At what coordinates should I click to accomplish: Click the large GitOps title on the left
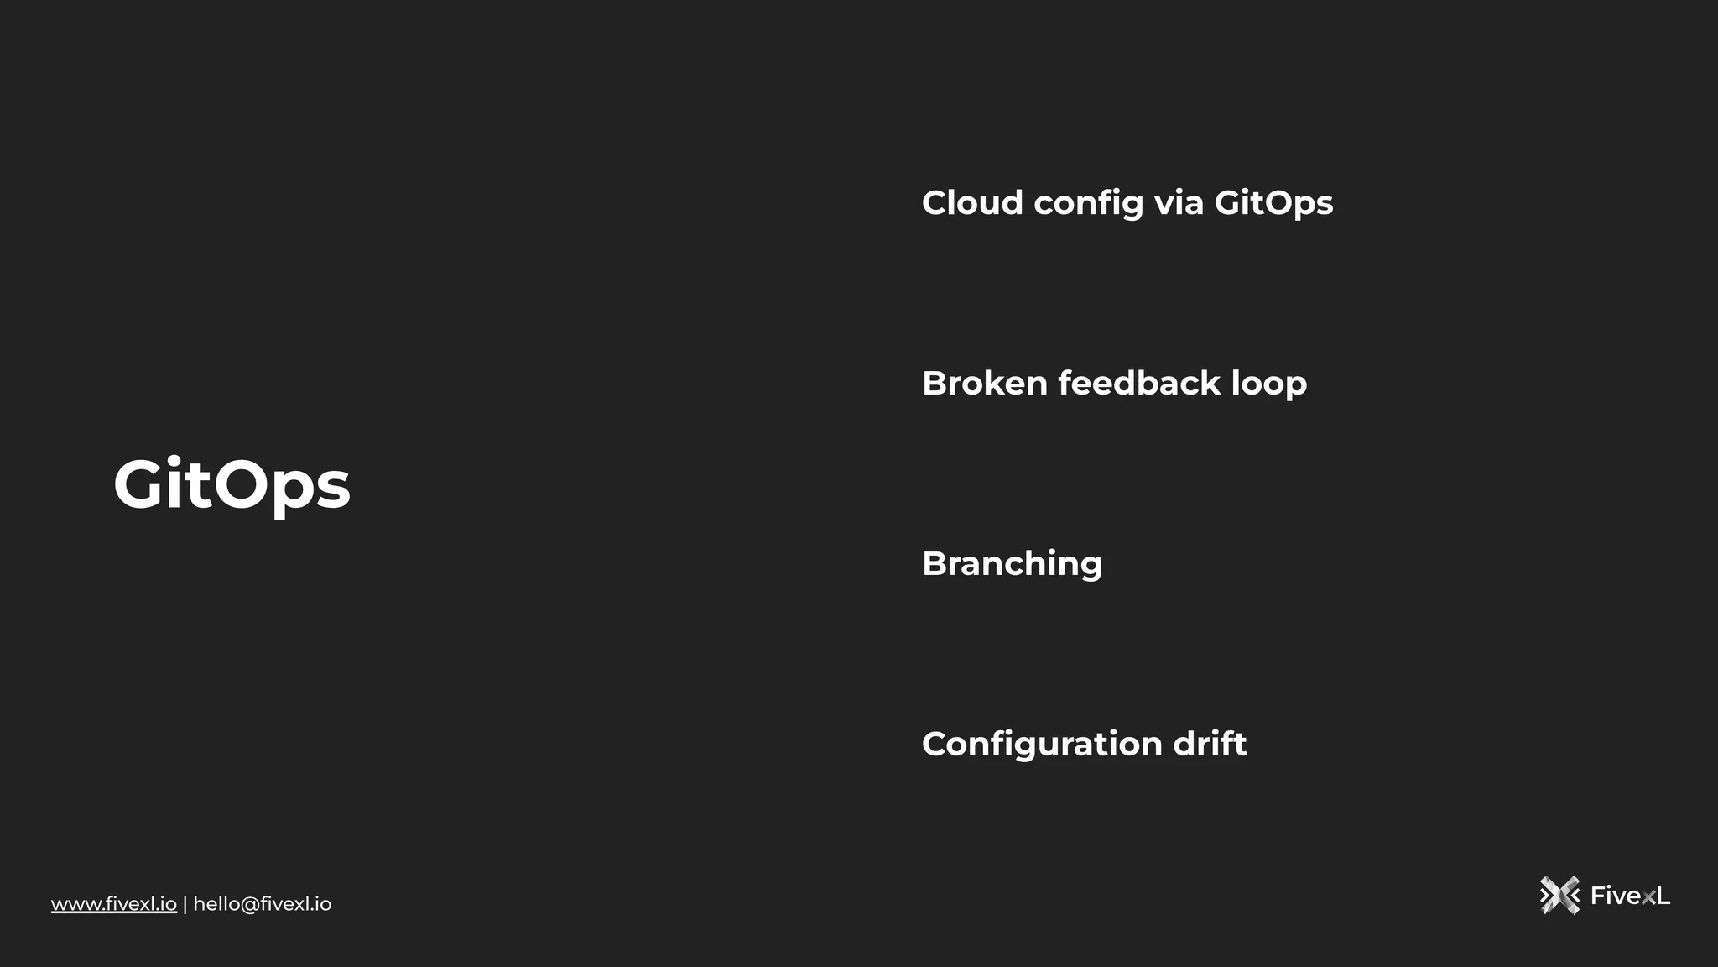tap(232, 484)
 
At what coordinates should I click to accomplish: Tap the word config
tap(1088, 204)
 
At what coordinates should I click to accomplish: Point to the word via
tap(1179, 202)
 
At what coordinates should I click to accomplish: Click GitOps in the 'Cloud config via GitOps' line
tap(1273, 204)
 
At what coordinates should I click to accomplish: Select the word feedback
tap(1138, 383)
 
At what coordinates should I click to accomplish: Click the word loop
tap(1268, 384)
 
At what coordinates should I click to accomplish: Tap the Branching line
tap(1012, 564)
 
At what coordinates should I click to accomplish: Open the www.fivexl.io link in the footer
tap(114, 904)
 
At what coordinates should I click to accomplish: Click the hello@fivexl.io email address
tap(263, 904)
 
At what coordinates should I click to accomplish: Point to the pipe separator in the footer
tap(185, 904)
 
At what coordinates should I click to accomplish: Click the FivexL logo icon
tap(1559, 896)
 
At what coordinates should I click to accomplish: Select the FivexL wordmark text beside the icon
tap(1630, 896)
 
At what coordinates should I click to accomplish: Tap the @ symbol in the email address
tap(249, 904)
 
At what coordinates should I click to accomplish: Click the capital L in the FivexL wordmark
tap(1663, 896)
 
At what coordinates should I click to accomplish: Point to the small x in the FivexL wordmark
tap(1648, 898)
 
